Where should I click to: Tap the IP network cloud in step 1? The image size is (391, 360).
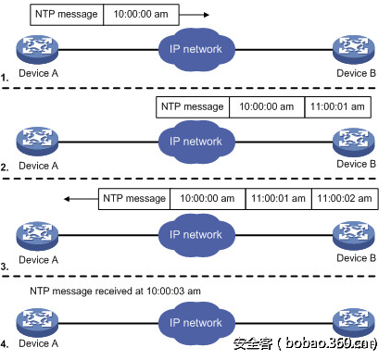(x=195, y=47)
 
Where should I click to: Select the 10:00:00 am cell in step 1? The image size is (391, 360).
(x=135, y=15)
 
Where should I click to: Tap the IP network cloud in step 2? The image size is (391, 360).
(x=195, y=141)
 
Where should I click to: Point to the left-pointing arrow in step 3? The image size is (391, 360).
(x=80, y=198)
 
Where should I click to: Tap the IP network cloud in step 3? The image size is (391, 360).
(x=195, y=234)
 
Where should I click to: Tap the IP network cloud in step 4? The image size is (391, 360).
(x=195, y=324)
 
